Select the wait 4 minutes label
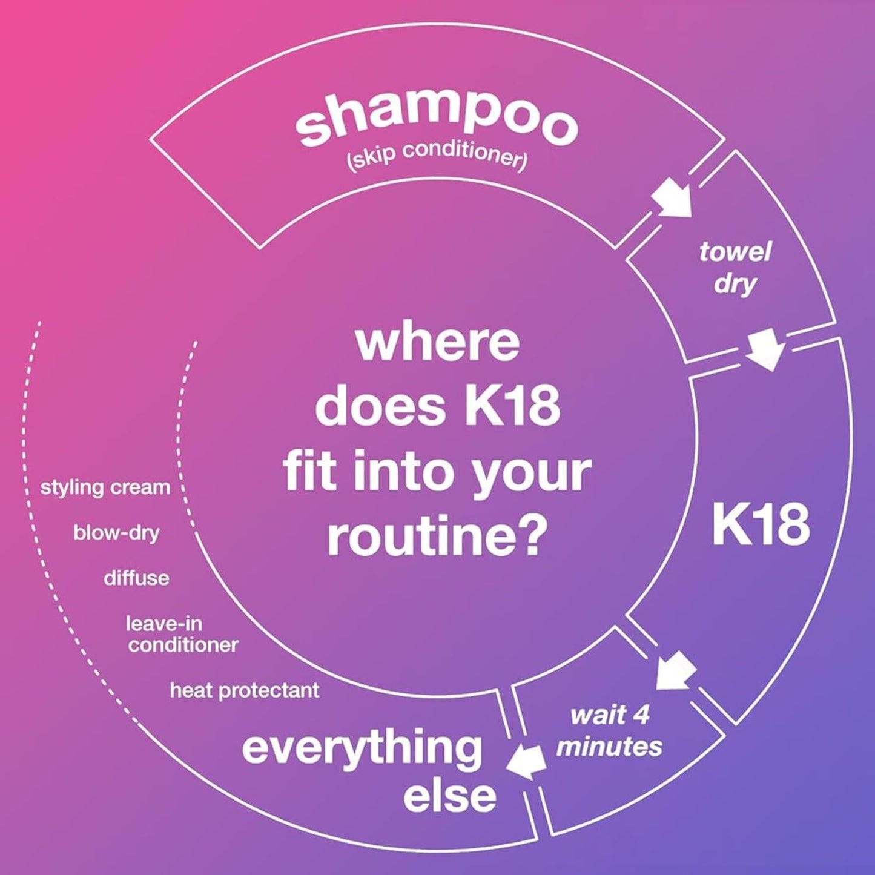(x=609, y=731)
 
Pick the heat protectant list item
(x=244, y=690)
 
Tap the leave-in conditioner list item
(x=182, y=634)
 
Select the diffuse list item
(x=136, y=578)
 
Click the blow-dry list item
(x=116, y=533)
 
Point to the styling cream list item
(x=105, y=487)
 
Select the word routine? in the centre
(x=434, y=536)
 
